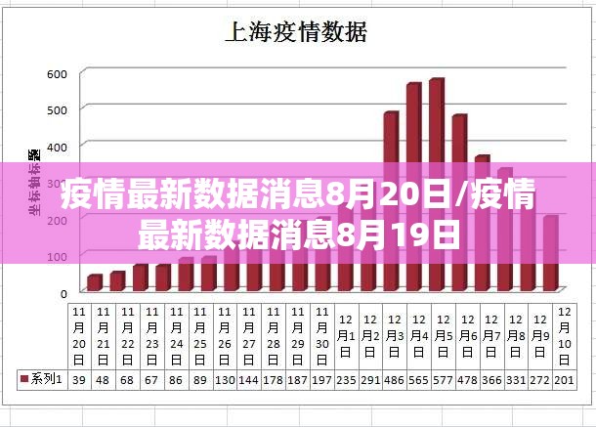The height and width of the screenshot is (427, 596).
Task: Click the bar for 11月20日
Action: point(94,283)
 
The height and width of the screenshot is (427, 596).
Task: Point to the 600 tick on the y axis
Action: point(58,73)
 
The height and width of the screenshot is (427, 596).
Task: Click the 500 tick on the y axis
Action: point(58,109)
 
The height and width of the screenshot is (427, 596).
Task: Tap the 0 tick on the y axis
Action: point(64,292)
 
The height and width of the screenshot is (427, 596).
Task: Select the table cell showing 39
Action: point(79,378)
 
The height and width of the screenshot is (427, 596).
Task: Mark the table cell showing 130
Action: point(225,378)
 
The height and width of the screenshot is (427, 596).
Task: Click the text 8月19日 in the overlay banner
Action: point(395,235)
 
